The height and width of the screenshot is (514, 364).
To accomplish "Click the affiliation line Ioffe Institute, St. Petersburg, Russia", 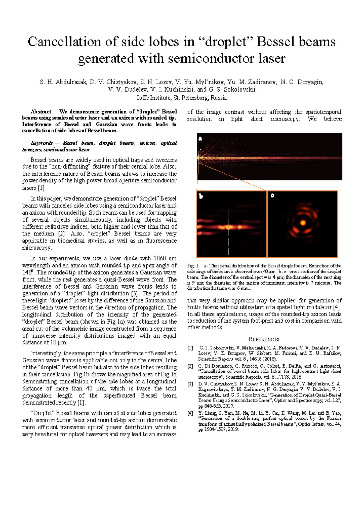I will pos(182,98).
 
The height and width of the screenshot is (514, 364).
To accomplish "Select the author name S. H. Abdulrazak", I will pos(63,82).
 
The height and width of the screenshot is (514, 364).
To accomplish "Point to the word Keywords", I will pos(42,143).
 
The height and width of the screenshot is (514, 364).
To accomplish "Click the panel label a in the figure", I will pos(200,139).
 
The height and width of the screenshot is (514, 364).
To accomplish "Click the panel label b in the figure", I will pos(201,196).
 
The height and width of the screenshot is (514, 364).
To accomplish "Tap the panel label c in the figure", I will pos(272,196).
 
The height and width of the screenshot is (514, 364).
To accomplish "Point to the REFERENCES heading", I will pos(264,339).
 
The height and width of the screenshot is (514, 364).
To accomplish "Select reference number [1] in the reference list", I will pos(190,348).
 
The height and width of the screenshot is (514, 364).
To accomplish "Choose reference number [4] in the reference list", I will pos(190,413).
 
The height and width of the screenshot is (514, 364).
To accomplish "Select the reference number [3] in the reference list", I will pos(190,384).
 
